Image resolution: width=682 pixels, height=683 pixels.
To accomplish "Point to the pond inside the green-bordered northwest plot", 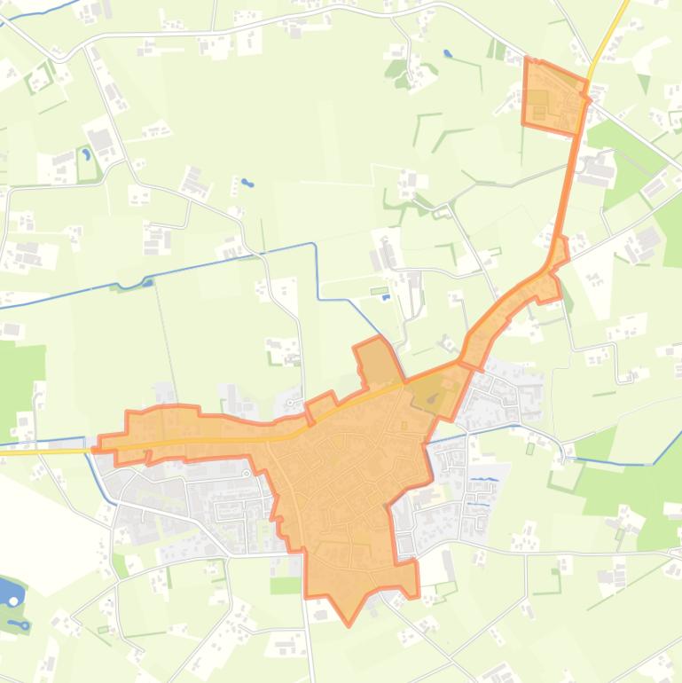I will click(x=86, y=154).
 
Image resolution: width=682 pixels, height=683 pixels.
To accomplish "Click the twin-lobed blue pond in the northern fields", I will click(x=247, y=184).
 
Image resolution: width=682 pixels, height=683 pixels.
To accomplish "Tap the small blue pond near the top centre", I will click(x=448, y=53).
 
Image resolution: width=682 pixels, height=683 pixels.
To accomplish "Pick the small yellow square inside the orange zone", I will click(x=404, y=426).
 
